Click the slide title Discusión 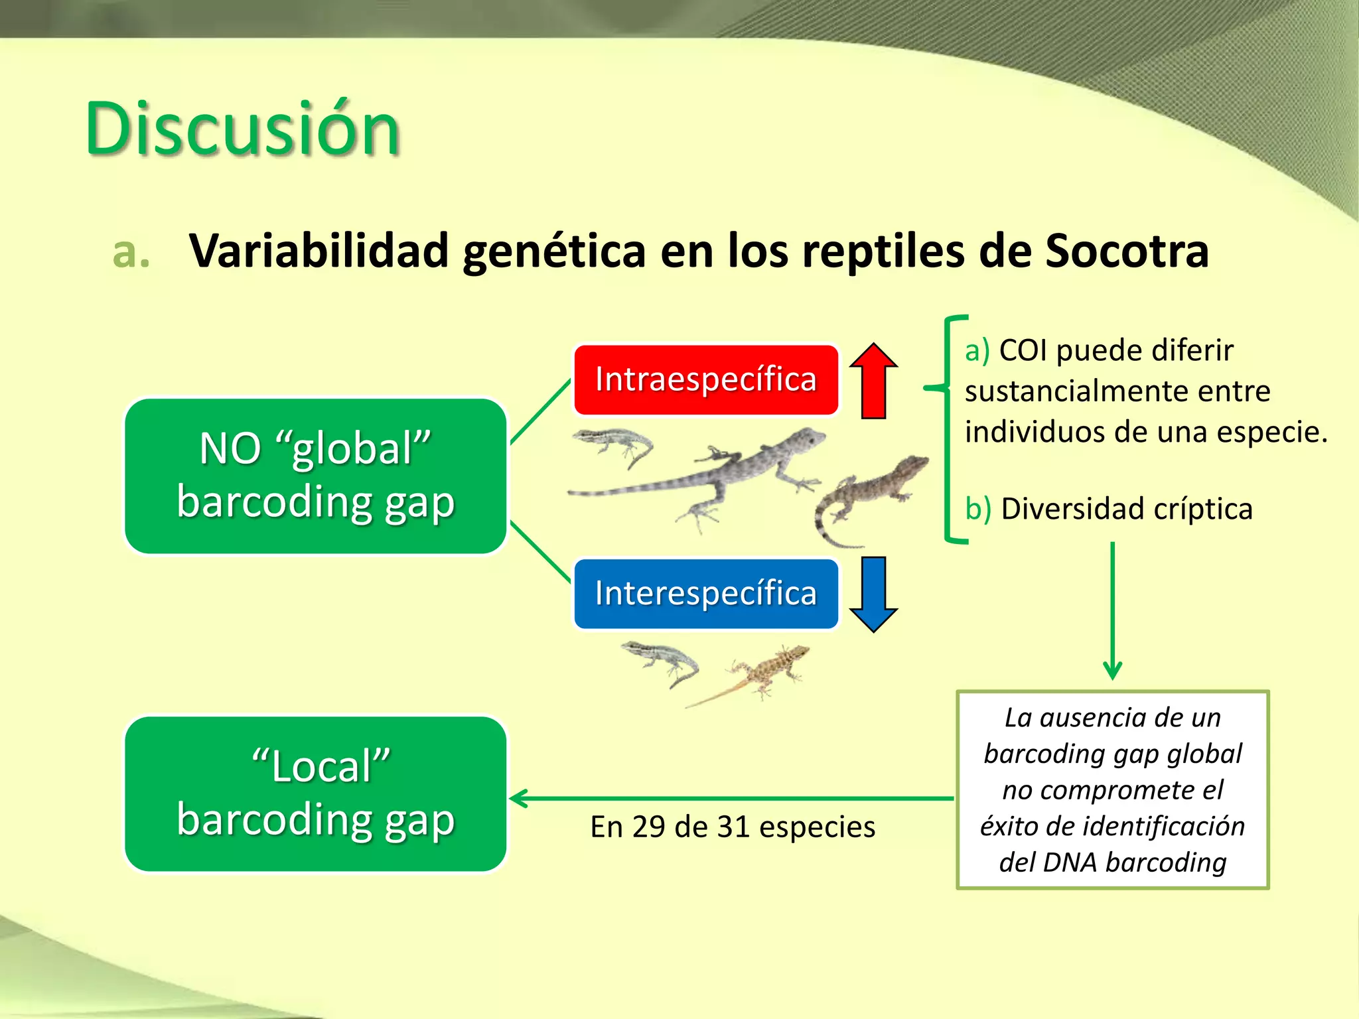242,129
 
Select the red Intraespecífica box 705,379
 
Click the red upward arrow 873,381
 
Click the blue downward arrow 873,594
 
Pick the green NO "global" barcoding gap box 316,476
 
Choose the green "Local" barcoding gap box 316,793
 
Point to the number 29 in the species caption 648,827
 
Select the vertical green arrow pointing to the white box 1112,610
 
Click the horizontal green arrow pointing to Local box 730,799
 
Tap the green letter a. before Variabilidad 131,253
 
